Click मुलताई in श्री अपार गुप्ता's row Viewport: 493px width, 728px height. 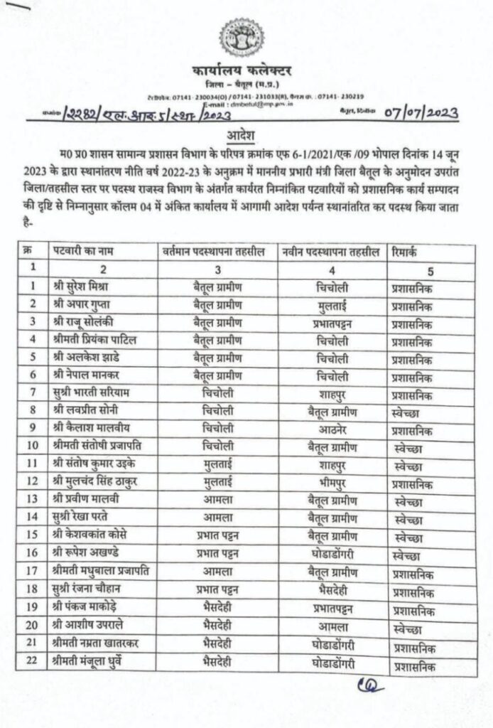click(x=332, y=305)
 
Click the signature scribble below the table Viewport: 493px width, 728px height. click(x=371, y=687)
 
